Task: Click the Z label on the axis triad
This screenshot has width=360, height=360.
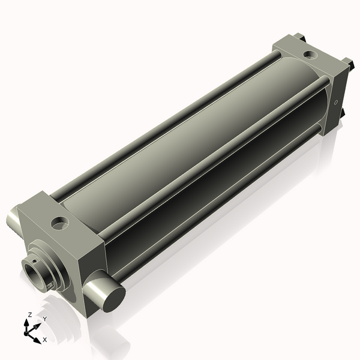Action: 30,314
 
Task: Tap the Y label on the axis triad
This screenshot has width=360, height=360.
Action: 44,318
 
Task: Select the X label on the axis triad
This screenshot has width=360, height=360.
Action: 44,340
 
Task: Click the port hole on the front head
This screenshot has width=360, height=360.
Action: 59,224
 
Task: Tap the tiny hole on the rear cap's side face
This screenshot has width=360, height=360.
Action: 336,101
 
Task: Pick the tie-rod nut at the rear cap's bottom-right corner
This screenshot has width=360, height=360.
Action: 342,113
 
